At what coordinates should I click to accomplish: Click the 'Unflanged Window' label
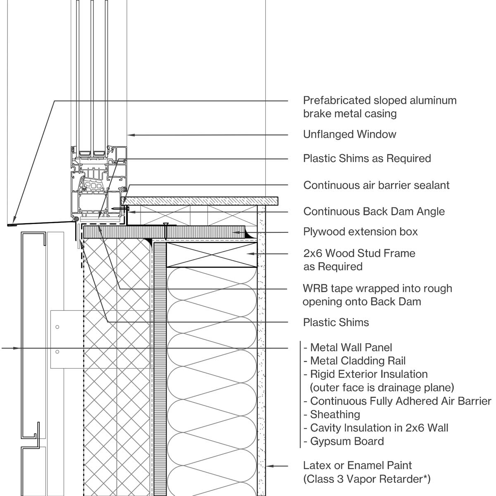349,134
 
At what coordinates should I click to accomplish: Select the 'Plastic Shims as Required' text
367,158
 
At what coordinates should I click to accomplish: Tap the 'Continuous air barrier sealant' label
376,185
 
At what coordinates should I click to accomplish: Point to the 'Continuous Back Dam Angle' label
374,212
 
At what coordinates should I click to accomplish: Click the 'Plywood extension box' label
360,232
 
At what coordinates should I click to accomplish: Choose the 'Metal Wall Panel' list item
351,348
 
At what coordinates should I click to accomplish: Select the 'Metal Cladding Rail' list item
358,361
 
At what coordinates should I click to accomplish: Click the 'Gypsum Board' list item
347,441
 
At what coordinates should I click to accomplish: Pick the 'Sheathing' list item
335,415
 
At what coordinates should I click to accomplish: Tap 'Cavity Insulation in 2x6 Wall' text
379,428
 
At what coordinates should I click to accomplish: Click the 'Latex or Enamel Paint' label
357,465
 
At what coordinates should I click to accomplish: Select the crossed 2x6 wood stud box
212,255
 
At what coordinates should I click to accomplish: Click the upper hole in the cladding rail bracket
57,327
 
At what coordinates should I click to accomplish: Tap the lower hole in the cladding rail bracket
57,352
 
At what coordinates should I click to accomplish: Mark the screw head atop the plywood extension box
166,225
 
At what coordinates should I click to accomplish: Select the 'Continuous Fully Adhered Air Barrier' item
400,401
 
